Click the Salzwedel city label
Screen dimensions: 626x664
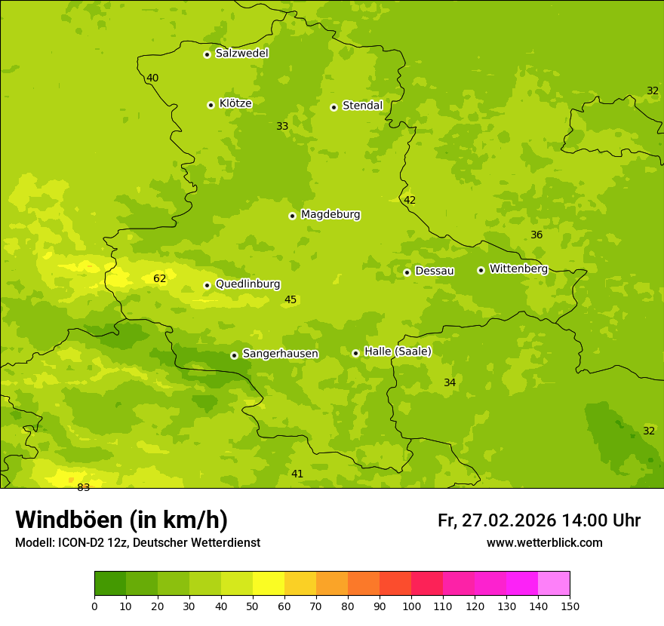[x=241, y=54]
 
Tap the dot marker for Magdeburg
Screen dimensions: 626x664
[x=292, y=216]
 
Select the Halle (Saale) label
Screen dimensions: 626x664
[x=398, y=351]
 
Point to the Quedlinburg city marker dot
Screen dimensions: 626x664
[x=207, y=285]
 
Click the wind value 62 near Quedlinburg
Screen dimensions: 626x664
[x=160, y=278]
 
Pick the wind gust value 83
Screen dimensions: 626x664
[x=83, y=487]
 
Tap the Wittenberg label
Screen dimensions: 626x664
[x=518, y=269]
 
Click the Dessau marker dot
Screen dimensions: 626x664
[x=407, y=272]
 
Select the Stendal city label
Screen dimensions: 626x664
[x=362, y=106]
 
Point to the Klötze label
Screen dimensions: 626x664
[x=235, y=103]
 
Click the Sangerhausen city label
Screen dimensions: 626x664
[x=280, y=354]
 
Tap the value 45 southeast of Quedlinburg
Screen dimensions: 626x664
[x=290, y=299]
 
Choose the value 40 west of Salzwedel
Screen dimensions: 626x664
[x=152, y=78]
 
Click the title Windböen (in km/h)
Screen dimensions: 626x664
[x=121, y=520]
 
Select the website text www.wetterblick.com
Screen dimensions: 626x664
[x=544, y=542]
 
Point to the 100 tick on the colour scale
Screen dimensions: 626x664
[x=411, y=606]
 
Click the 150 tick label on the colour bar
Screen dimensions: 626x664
[x=570, y=606]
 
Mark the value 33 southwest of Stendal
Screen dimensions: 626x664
[x=282, y=126]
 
